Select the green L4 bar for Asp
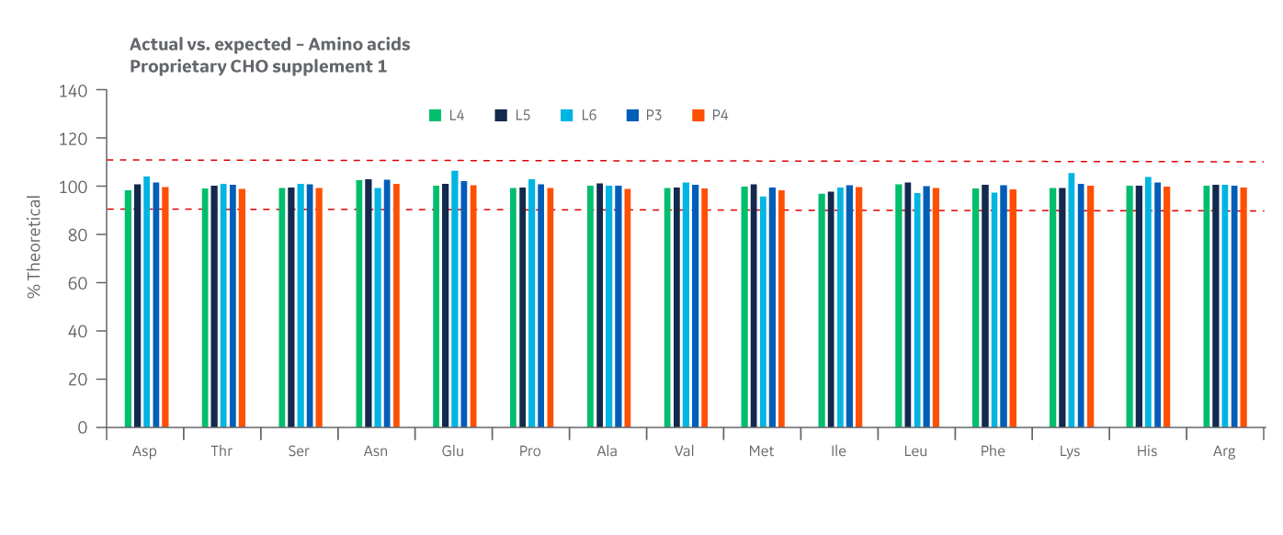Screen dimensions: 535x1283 [129, 308]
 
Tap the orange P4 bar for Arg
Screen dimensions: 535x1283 [1243, 307]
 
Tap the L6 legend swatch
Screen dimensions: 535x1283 [567, 116]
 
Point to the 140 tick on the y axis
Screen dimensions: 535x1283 [75, 91]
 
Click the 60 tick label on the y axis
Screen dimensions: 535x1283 [79, 283]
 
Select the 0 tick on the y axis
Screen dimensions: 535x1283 [83, 427]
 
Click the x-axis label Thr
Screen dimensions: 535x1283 [221, 451]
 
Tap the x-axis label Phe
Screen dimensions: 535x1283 [993, 451]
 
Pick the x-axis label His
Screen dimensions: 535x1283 [1146, 451]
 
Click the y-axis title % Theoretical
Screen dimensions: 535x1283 [34, 246]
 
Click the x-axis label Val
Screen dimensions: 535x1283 [684, 451]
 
